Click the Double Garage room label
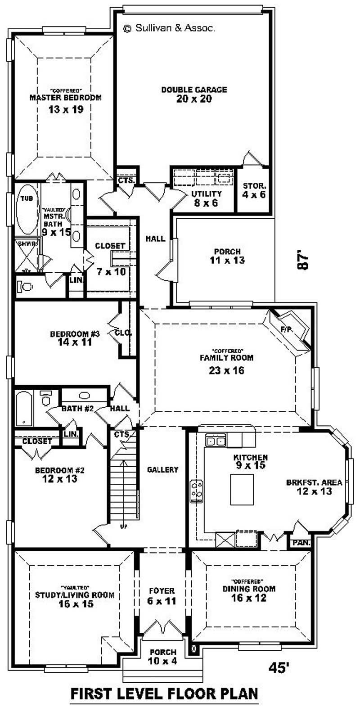pyautogui.click(x=194, y=90)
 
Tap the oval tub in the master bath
pyautogui.click(x=25, y=210)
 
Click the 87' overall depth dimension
pyautogui.click(x=304, y=260)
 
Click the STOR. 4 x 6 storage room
pyautogui.click(x=255, y=189)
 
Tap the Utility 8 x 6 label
pyautogui.click(x=207, y=198)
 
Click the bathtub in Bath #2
pyautogui.click(x=22, y=408)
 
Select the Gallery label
pyautogui.click(x=162, y=469)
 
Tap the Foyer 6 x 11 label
pyautogui.click(x=162, y=595)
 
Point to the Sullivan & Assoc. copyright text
pyautogui.click(x=169, y=28)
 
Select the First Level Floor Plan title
pyautogui.click(x=164, y=693)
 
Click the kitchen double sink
pyautogui.click(x=215, y=441)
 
